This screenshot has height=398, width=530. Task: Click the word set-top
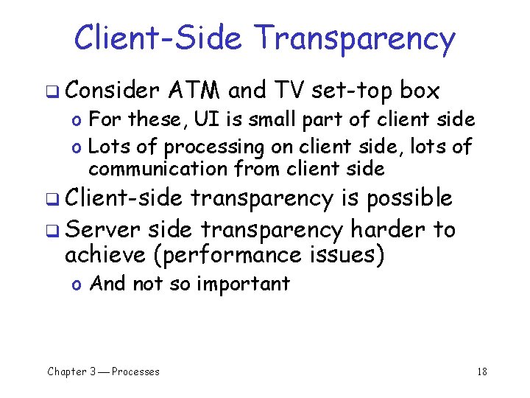point(352,91)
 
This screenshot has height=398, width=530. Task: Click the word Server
point(102,230)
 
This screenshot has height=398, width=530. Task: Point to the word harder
point(387,230)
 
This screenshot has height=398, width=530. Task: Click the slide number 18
point(481,371)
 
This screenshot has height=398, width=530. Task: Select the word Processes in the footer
point(135,371)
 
